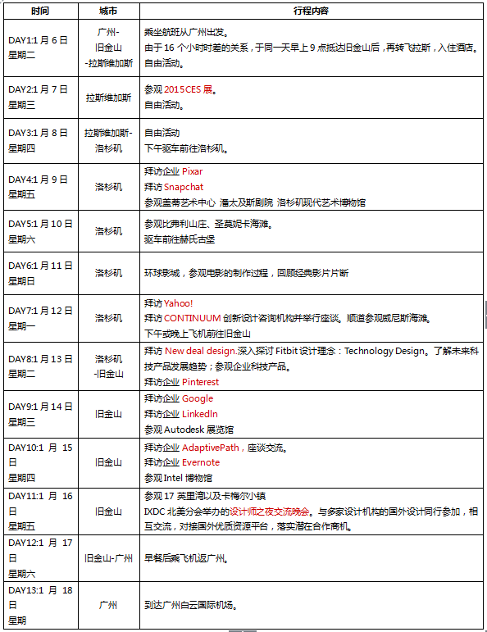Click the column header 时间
coord(39,11)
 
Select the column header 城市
coord(107,11)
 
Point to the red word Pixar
coord(192,171)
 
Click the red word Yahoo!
coord(179,302)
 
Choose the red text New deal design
coord(200,351)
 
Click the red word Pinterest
coord(200,382)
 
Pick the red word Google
coord(197,398)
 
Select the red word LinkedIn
coord(200,414)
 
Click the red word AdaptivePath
coord(211,448)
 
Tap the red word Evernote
coord(201,462)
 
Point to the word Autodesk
coord(184,430)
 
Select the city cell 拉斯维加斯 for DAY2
coord(108,97)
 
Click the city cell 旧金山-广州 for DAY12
coord(108,558)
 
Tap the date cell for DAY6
coord(39,273)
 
